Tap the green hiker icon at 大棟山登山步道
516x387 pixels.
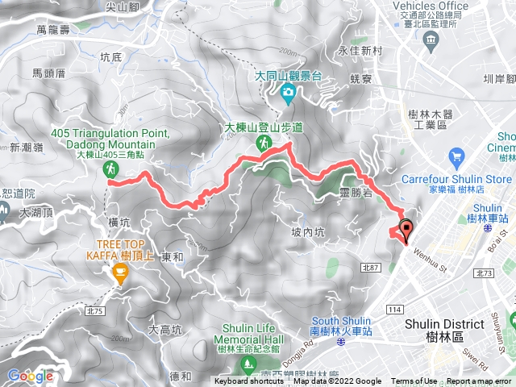[x=263, y=143]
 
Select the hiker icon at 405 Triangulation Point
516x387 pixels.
[x=111, y=169]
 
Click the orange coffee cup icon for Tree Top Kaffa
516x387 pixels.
[x=120, y=274]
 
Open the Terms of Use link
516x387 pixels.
[x=414, y=381]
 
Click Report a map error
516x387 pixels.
[x=480, y=381]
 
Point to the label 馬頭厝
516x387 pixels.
[x=48, y=73]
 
